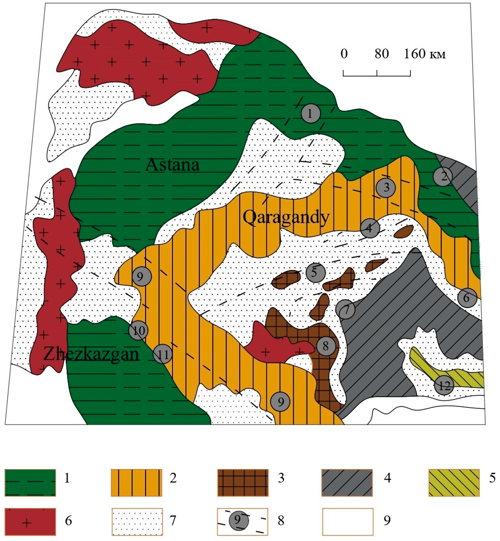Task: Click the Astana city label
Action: click(x=173, y=165)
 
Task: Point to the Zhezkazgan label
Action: click(x=91, y=354)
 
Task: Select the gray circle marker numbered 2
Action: click(x=443, y=177)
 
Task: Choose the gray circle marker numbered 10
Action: click(x=138, y=330)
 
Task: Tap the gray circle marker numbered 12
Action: click(x=444, y=386)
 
